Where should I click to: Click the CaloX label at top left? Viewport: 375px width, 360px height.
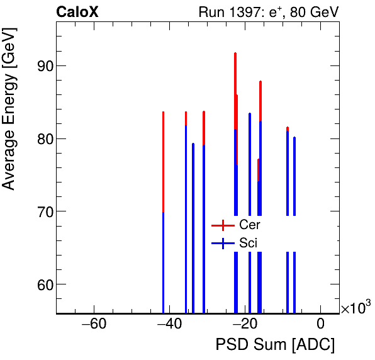(x=77, y=12)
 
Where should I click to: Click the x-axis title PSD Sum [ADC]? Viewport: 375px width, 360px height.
(x=275, y=345)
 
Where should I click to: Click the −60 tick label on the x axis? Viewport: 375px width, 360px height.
(x=94, y=325)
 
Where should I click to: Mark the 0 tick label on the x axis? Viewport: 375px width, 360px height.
(x=321, y=325)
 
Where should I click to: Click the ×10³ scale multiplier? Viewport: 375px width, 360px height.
(x=355, y=308)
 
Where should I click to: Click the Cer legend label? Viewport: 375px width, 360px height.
(x=250, y=225)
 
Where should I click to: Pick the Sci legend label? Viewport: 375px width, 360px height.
(x=249, y=243)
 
